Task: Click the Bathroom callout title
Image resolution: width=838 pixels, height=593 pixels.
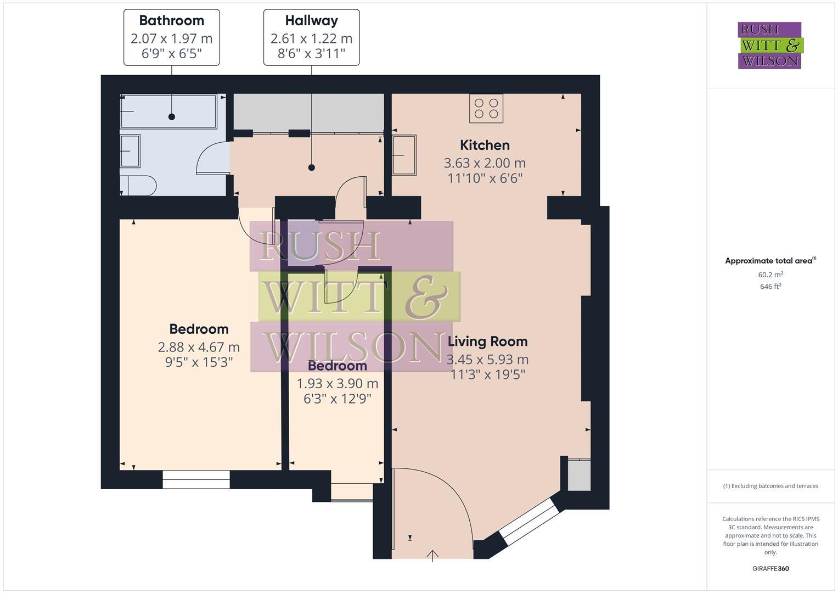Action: [171, 21]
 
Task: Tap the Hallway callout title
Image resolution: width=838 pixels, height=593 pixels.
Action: [311, 21]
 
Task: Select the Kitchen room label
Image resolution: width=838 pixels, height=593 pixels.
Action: [485, 145]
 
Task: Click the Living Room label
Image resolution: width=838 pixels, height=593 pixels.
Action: [487, 341]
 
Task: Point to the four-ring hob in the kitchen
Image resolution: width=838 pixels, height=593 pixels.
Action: [486, 108]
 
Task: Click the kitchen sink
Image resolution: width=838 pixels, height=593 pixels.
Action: [404, 155]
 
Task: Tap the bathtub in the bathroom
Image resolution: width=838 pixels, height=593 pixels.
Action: [169, 111]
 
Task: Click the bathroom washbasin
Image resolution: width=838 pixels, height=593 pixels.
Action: [130, 151]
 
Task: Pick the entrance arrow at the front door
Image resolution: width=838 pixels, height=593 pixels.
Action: [432, 556]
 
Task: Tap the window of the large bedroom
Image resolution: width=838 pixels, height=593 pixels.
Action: [196, 479]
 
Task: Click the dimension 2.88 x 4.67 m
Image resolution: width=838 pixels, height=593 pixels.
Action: [199, 347]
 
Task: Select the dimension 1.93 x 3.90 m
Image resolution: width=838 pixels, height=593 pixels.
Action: [338, 383]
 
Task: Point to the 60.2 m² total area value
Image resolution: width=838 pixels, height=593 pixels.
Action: [770, 275]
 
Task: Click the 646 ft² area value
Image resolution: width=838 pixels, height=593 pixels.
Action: [770, 287]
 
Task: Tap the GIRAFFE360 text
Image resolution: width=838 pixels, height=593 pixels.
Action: [770, 568]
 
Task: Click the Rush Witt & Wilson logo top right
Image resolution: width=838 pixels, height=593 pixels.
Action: [769, 45]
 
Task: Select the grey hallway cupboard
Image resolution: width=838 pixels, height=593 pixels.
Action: [308, 113]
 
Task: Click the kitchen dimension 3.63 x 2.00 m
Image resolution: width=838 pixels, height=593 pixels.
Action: [485, 163]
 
